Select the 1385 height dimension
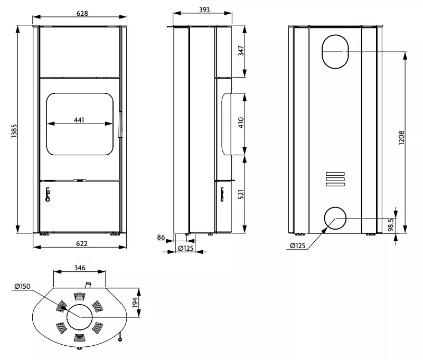(x=14, y=131)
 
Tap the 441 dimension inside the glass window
(x=79, y=120)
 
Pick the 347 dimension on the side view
(x=241, y=51)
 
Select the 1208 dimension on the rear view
(x=401, y=138)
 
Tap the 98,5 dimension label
(x=392, y=225)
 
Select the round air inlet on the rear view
(x=335, y=218)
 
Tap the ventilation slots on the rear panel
(x=335, y=179)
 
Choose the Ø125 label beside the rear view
(x=298, y=245)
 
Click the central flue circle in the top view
(x=79, y=316)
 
